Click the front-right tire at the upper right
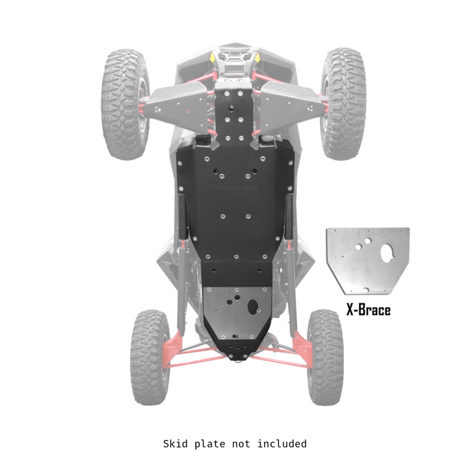343,102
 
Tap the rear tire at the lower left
149,356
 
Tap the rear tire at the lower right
324,356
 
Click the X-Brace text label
368,309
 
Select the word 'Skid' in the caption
176,444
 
